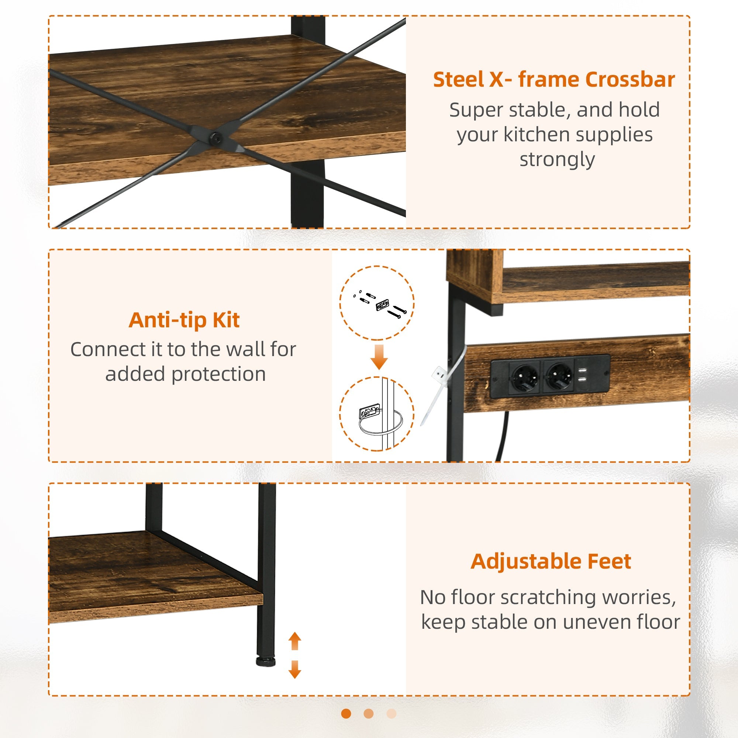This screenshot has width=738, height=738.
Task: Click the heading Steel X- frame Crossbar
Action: point(554,80)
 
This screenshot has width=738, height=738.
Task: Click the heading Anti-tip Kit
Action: point(184,320)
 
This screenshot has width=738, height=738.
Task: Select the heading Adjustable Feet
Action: point(551,562)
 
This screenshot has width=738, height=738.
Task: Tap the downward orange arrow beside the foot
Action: point(294,669)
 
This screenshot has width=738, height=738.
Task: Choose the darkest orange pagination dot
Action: point(346,714)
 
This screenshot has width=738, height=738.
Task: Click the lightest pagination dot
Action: point(392,714)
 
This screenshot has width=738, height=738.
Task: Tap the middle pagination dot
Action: point(369,714)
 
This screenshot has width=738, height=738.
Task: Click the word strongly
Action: point(557,160)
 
